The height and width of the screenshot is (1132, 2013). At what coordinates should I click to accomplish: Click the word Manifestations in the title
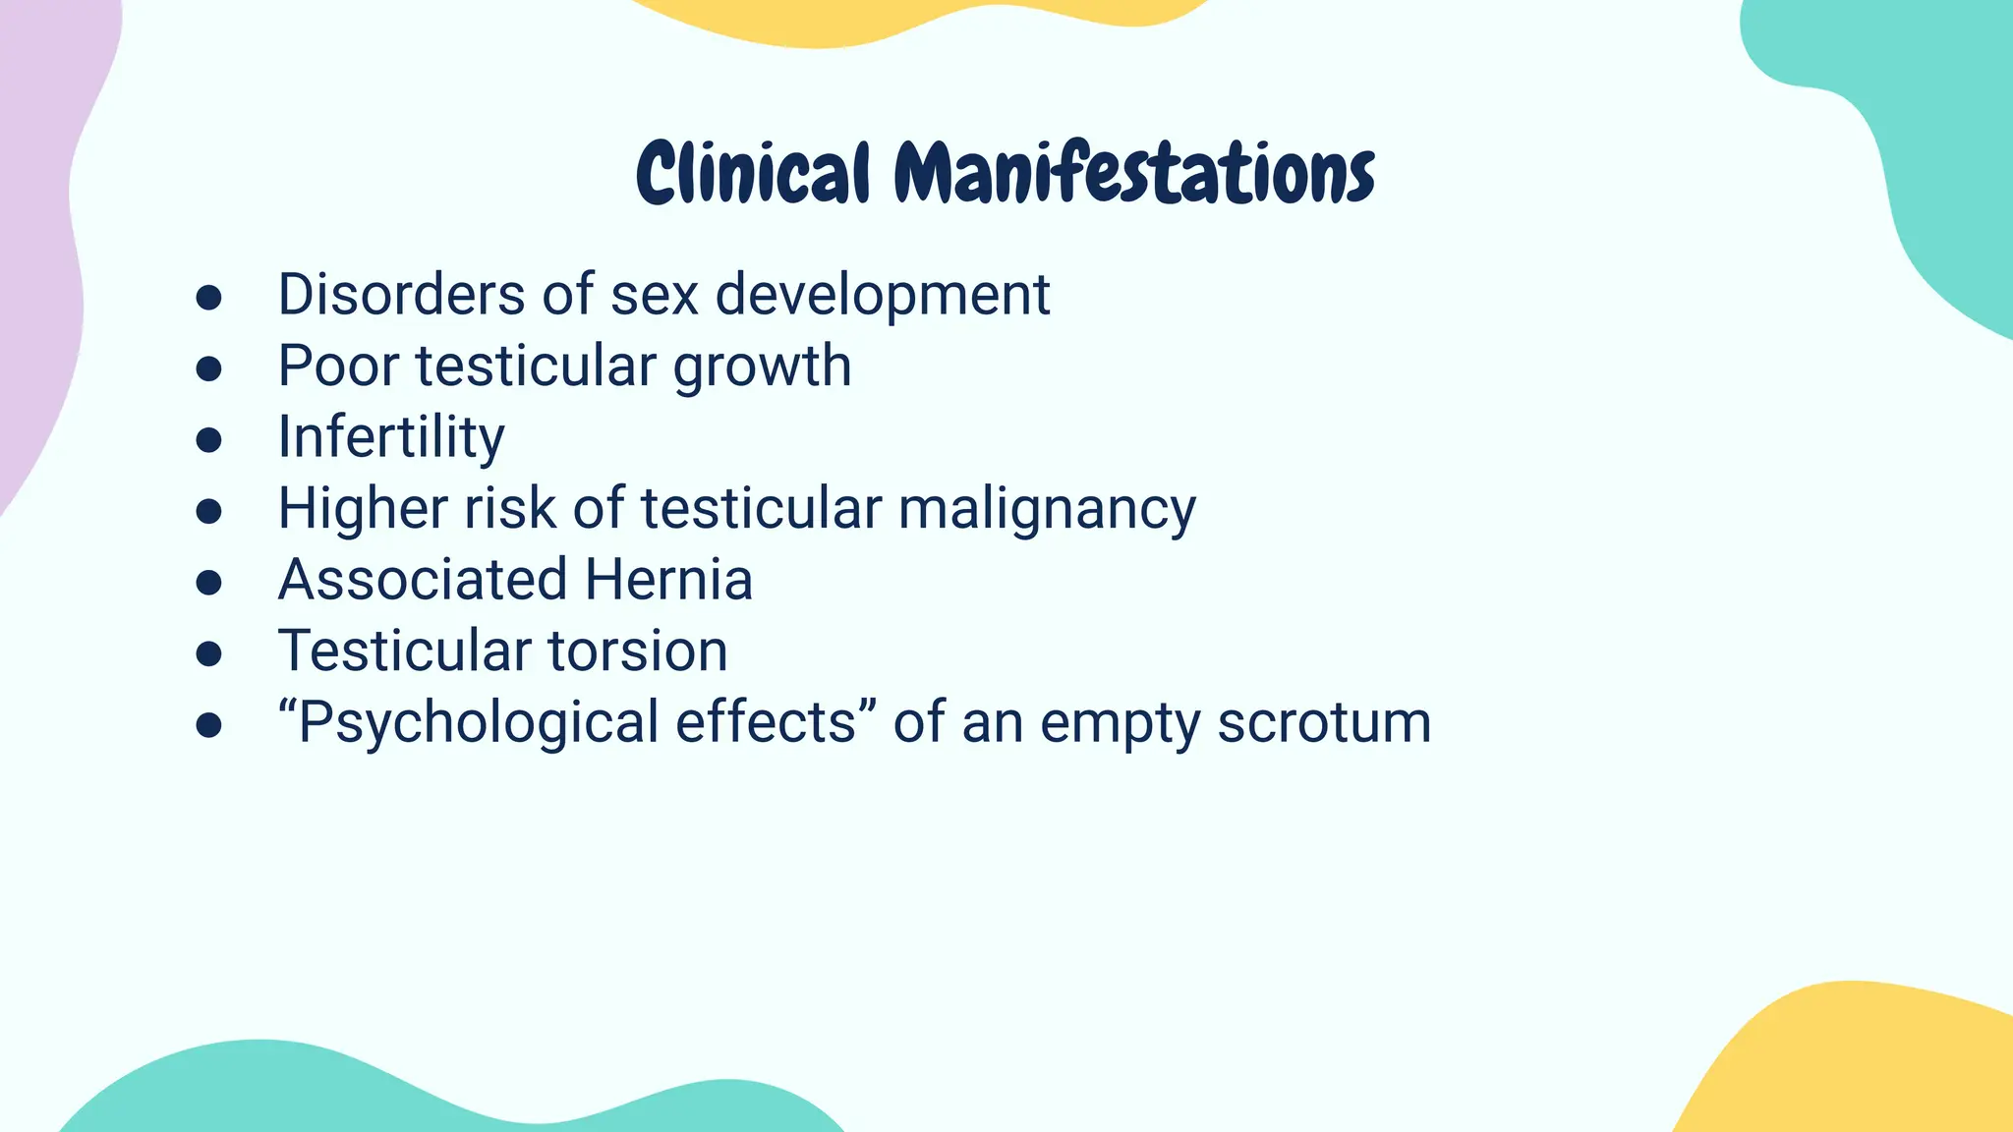[x=1133, y=174]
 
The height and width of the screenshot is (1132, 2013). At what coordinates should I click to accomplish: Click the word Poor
[x=338, y=366]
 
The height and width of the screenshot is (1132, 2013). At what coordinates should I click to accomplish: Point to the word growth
[x=762, y=368]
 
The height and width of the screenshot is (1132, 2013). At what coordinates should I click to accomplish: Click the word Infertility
[x=391, y=437]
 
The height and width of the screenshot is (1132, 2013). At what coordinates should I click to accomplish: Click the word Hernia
[x=668, y=580]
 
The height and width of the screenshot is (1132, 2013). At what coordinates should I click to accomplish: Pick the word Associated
[x=423, y=580]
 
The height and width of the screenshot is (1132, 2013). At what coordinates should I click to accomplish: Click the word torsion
[x=637, y=651]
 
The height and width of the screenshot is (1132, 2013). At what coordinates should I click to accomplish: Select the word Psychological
[x=478, y=723]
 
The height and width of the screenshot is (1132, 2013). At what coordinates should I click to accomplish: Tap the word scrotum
[x=1324, y=723]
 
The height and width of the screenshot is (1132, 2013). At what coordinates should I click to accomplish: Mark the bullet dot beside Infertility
[x=208, y=439]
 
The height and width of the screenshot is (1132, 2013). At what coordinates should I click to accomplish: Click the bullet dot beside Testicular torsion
[x=208, y=653]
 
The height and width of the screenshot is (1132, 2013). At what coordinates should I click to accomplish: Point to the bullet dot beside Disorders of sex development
[x=208, y=297]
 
